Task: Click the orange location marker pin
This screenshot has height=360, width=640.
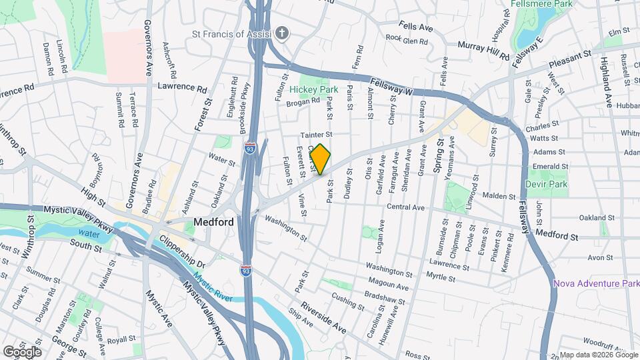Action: [x=321, y=159]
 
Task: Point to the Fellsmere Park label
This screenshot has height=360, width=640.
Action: [x=551, y=3]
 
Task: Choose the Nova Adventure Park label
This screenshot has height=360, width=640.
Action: [x=596, y=284]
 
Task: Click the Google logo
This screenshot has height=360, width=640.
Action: [x=21, y=351]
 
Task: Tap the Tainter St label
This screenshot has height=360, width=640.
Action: [x=316, y=134]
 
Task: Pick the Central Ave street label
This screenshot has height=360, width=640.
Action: [x=405, y=207]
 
